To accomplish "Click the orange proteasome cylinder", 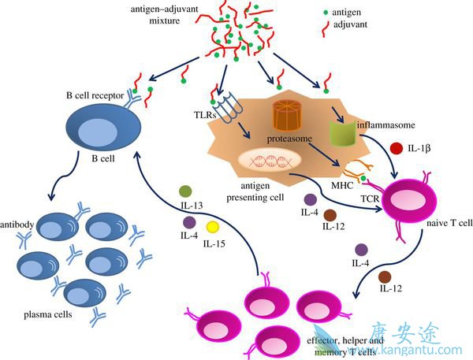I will point(289,114).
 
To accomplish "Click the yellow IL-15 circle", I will point(212,228).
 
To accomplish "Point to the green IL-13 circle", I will point(186,191).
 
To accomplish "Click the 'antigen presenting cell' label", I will point(255,191).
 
